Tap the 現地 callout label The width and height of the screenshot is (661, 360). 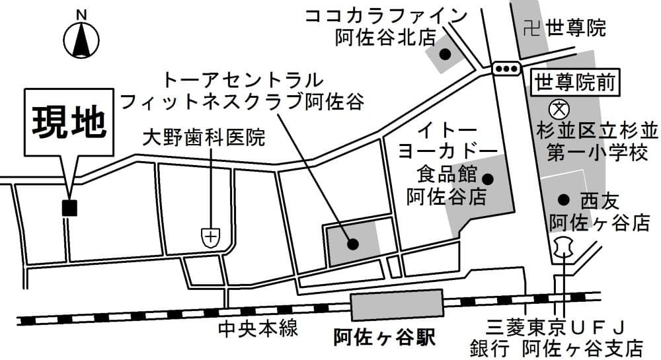(x=69, y=122)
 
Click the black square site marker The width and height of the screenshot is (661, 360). (x=69, y=207)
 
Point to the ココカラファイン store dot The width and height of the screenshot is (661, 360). (x=446, y=54)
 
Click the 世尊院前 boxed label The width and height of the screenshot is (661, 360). (x=575, y=83)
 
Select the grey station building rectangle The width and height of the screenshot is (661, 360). (x=397, y=306)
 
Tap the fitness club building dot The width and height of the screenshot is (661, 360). (x=353, y=244)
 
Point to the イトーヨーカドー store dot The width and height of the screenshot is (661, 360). (x=488, y=178)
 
